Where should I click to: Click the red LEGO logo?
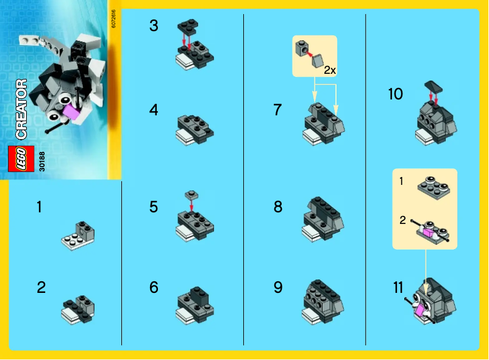point(18,158)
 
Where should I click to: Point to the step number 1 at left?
point(39,207)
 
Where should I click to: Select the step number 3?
point(154,26)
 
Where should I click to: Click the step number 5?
point(154,207)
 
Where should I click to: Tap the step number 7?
point(277,110)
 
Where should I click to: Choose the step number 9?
point(278,287)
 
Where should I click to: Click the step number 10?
point(396,94)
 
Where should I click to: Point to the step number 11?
point(398,287)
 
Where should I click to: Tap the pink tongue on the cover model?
point(72,112)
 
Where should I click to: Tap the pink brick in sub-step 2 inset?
point(429,231)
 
